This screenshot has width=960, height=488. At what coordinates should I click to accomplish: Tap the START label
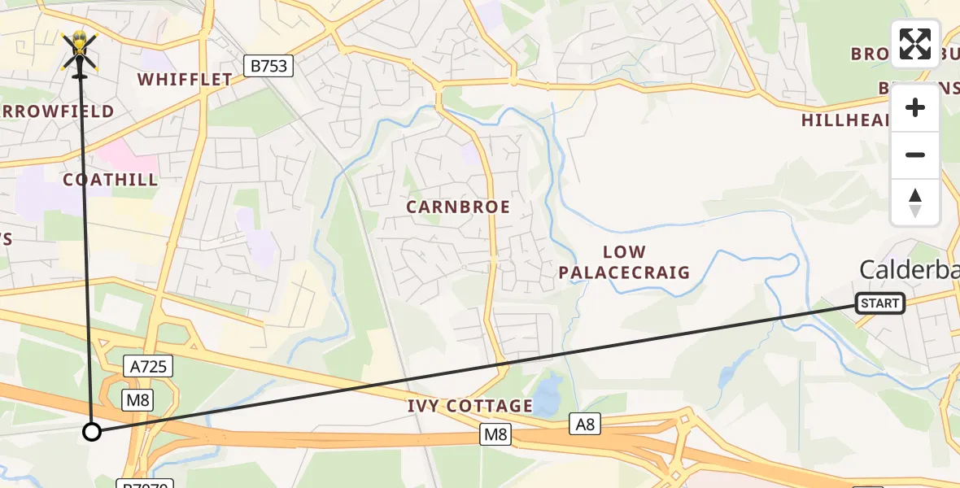(x=880, y=303)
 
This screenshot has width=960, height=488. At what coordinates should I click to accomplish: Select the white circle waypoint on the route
(x=92, y=432)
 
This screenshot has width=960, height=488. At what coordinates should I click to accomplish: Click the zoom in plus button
(x=915, y=107)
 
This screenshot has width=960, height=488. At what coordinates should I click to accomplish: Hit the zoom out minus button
(x=915, y=155)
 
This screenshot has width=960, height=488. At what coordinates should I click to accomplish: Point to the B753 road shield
(x=268, y=66)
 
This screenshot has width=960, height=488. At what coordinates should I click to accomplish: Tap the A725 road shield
(x=148, y=367)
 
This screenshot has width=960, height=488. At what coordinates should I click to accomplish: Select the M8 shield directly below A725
(x=137, y=399)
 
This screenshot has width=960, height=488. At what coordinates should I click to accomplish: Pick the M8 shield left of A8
(x=495, y=435)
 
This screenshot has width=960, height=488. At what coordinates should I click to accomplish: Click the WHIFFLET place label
(x=185, y=80)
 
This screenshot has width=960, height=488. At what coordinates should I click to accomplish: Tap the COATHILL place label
(x=111, y=180)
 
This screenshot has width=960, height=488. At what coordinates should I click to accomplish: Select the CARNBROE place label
(x=459, y=207)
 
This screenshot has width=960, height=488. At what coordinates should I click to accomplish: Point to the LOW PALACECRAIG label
(x=624, y=263)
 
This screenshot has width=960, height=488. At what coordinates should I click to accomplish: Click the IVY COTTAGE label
(x=470, y=406)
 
